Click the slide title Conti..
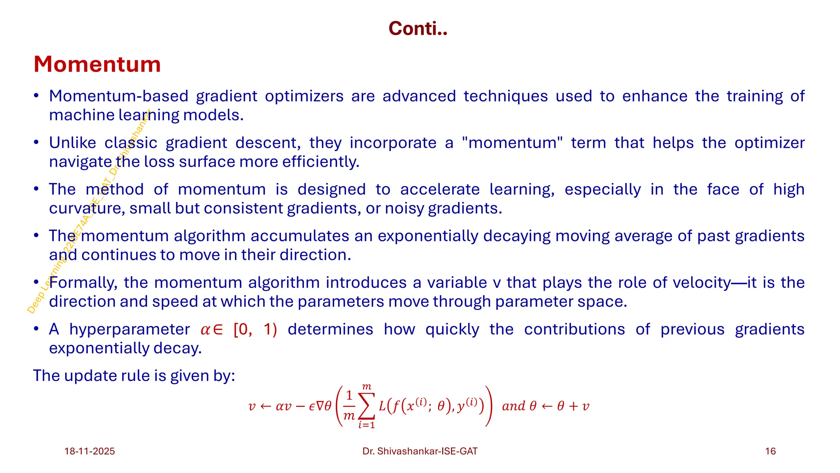(x=418, y=29)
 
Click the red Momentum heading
(x=97, y=64)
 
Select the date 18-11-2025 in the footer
(x=89, y=451)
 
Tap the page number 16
(x=770, y=451)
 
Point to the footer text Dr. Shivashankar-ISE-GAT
(x=420, y=451)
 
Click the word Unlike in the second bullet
(x=73, y=143)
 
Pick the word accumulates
(x=301, y=236)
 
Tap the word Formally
(x=83, y=283)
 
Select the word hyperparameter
(x=129, y=329)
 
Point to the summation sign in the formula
(x=366, y=406)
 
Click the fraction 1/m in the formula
(x=349, y=406)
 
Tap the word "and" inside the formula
(x=514, y=406)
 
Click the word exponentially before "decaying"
(x=428, y=236)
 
